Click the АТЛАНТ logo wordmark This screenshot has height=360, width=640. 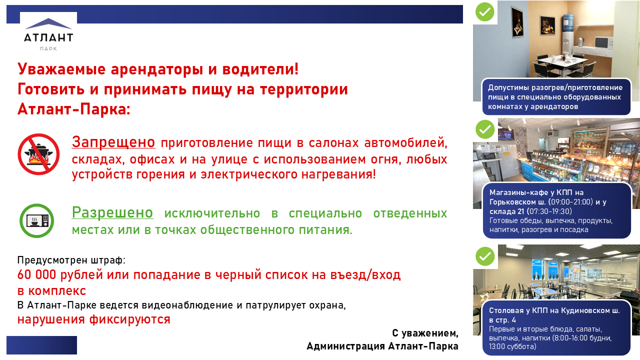point(48,37)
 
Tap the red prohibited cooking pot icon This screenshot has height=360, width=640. point(38,154)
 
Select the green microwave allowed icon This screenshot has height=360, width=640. point(37,220)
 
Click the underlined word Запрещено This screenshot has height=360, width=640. point(113,142)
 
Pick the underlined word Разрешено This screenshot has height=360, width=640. point(112,212)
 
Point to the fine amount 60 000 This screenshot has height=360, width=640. point(36,274)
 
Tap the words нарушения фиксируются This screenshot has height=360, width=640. point(93,319)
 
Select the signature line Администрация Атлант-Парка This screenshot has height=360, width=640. point(382,346)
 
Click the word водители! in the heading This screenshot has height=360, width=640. point(260,69)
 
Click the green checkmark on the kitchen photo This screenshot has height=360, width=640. point(485,11)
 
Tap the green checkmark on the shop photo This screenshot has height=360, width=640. point(485,129)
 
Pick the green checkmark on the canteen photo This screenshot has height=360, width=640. point(485,256)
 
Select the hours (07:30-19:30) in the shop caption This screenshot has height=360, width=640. point(549,211)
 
